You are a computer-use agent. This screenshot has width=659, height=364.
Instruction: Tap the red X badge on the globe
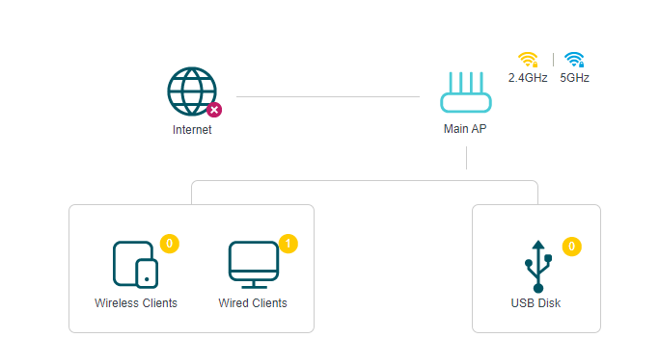pyautogui.click(x=214, y=109)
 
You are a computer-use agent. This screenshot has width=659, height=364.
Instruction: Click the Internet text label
pyautogui.click(x=192, y=130)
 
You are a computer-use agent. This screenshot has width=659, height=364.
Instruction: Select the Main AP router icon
pyautogui.click(x=466, y=95)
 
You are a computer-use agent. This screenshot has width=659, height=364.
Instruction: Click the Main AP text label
pyautogui.click(x=466, y=130)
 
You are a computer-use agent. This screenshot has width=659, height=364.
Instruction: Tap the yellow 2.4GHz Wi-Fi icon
pyautogui.click(x=528, y=59)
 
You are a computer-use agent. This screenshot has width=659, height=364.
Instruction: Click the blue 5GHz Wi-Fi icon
pyautogui.click(x=574, y=59)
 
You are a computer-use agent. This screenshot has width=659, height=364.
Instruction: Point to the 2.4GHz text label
pyautogui.click(x=528, y=78)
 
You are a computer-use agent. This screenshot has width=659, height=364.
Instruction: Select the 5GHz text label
pyautogui.click(x=574, y=78)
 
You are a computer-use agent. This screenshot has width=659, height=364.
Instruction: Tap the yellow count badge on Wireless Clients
pyautogui.click(x=169, y=244)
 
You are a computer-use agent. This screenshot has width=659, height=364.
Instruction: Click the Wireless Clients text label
pyautogui.click(x=136, y=303)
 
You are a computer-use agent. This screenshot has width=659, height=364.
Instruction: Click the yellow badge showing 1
pyautogui.click(x=288, y=244)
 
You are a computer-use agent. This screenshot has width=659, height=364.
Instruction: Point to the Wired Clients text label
pyautogui.click(x=253, y=303)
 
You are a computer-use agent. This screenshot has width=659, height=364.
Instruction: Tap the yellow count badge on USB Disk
pyautogui.click(x=571, y=247)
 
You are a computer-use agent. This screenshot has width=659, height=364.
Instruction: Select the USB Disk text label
pyautogui.click(x=535, y=303)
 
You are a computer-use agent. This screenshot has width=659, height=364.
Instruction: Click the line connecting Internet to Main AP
pyautogui.click(x=328, y=96)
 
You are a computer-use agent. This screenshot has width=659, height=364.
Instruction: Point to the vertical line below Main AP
pyautogui.click(x=466, y=158)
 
